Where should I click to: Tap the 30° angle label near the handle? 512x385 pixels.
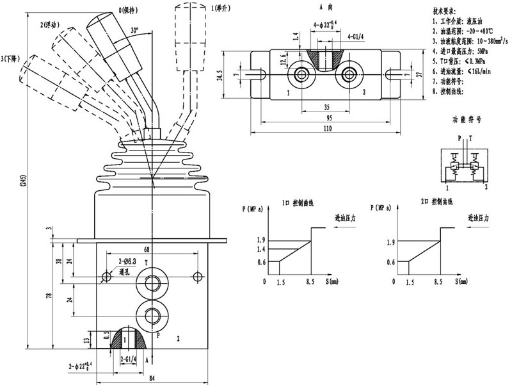pos(133,30)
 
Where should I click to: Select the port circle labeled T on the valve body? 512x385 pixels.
pos(153,283)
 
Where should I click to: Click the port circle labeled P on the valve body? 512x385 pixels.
pos(153,315)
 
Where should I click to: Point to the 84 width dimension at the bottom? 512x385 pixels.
pos(152,377)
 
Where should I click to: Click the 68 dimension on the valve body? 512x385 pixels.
pos(147,249)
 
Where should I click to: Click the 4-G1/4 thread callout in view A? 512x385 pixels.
pos(356,38)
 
